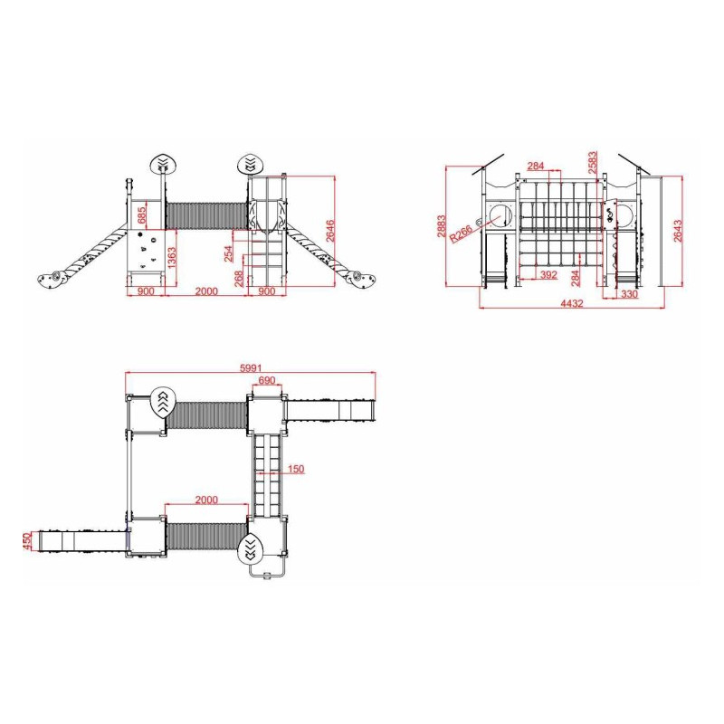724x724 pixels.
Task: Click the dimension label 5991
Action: pos(251,368)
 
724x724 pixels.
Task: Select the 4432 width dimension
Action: pos(572,303)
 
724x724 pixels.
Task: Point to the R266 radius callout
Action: pos(461,233)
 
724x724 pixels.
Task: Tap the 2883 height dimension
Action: pos(442,225)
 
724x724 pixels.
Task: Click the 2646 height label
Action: pos(330,231)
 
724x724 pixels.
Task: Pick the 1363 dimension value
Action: pos(172,258)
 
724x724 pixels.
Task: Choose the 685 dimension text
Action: pos(141,214)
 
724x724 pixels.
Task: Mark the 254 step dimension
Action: pos(229,253)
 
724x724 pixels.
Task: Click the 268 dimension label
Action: pos(239,279)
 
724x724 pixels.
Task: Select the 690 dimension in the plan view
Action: pos(266,380)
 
